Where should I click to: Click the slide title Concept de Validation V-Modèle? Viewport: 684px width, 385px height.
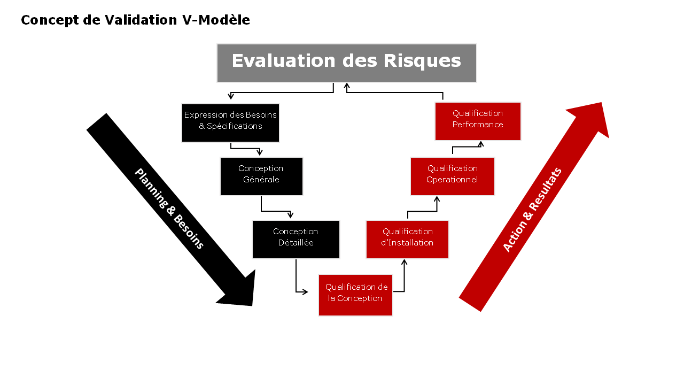(135, 20)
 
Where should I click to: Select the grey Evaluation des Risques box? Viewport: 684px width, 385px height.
(346, 63)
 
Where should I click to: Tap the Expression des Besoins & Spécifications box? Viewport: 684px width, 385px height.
(230, 123)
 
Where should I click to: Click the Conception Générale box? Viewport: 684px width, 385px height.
(261, 176)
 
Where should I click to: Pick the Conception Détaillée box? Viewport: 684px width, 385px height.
(296, 240)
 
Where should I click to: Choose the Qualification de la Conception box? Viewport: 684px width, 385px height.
(355, 295)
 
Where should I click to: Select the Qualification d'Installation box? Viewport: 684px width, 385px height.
(407, 240)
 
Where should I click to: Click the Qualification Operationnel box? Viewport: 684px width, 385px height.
(452, 176)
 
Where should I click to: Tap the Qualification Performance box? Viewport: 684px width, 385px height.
(478, 121)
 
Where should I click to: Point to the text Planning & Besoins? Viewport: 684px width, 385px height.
(169, 209)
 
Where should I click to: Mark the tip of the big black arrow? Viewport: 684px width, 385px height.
(251, 305)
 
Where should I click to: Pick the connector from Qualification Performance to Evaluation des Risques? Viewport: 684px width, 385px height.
(395, 93)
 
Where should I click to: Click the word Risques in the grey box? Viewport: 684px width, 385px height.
(422, 61)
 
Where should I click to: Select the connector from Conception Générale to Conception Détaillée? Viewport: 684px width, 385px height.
(275, 211)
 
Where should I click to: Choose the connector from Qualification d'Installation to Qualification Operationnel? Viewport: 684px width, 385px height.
(422, 211)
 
